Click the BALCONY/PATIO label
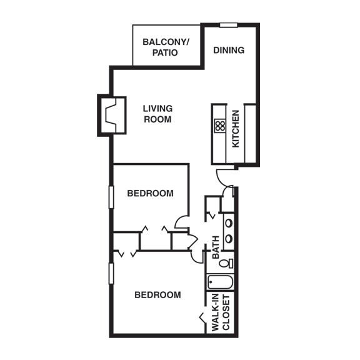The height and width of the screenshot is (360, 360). pyautogui.click(x=166, y=47)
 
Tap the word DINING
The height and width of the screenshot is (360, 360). pyautogui.click(x=229, y=50)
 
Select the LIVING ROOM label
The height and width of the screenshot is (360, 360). pyautogui.click(x=157, y=114)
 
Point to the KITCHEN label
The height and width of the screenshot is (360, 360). pyautogui.click(x=236, y=129)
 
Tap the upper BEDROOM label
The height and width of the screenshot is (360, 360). pyautogui.click(x=150, y=193)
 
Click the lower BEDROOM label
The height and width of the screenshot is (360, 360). pyautogui.click(x=157, y=295)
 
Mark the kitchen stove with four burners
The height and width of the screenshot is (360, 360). pyautogui.click(x=219, y=126)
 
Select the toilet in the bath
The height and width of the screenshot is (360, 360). pyautogui.click(x=226, y=263)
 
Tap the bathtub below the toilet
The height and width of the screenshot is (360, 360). pyautogui.click(x=220, y=282)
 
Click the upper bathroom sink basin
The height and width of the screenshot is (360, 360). pyautogui.click(x=229, y=222)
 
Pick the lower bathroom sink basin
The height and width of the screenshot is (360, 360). pyautogui.click(x=229, y=239)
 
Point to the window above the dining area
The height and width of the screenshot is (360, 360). pyautogui.click(x=228, y=26)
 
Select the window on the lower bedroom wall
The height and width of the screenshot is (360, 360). pyautogui.click(x=111, y=273)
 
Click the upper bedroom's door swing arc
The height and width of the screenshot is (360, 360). pyautogui.click(x=182, y=221)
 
